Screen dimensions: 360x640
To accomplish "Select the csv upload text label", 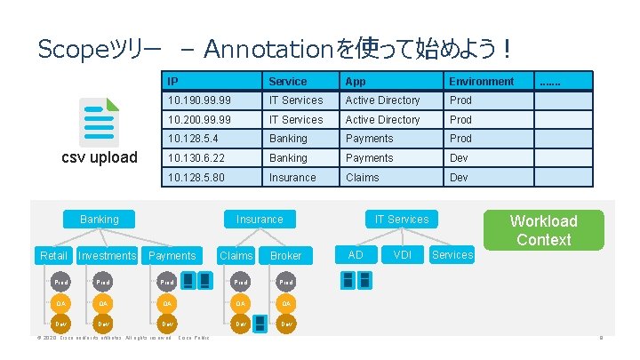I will [x=99, y=158].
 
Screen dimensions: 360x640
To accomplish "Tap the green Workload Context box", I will [x=543, y=229].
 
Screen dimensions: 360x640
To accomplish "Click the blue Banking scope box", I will [x=99, y=220].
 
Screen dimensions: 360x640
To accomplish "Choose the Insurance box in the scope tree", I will [x=260, y=220].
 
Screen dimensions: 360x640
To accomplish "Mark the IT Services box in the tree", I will [x=401, y=220].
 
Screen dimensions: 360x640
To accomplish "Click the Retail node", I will [x=54, y=256].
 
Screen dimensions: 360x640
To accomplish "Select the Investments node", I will [x=108, y=256].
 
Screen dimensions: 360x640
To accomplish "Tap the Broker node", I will [x=285, y=256].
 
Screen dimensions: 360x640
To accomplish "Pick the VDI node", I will [x=402, y=255].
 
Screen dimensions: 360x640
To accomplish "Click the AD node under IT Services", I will [x=356, y=255].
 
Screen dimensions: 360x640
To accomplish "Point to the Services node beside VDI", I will [x=452, y=255].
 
